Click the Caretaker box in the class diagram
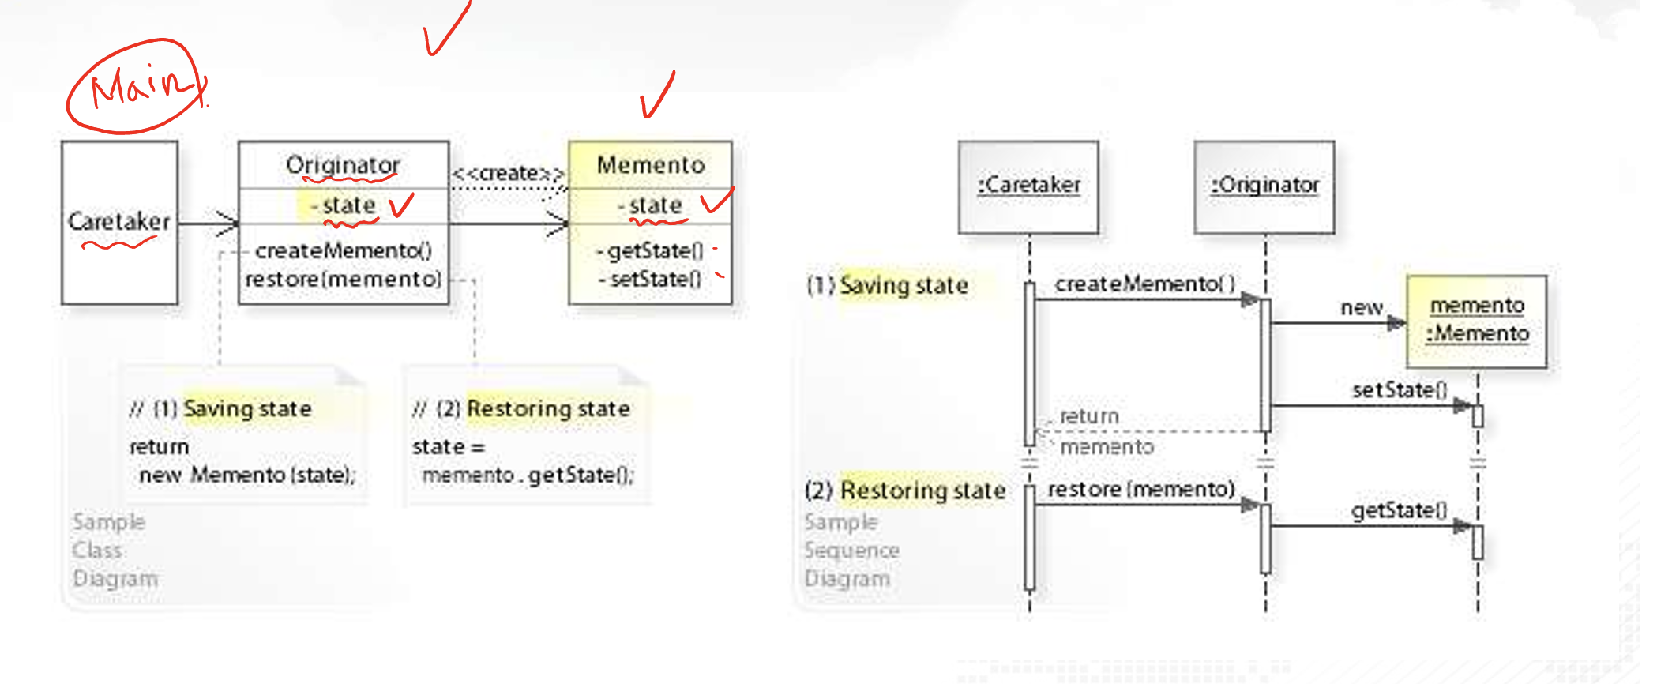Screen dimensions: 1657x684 120,223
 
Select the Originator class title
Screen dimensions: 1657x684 343,165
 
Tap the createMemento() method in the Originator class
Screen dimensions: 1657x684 344,250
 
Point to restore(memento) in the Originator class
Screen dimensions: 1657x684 344,279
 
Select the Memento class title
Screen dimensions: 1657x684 651,165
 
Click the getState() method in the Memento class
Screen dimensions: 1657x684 654,250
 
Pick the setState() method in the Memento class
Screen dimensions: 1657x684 655,279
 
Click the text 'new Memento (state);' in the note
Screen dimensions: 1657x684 247,475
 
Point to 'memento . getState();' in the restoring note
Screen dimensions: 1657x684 528,475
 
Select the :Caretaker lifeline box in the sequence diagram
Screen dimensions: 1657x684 1028,187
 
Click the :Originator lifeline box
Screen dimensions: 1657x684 1264,187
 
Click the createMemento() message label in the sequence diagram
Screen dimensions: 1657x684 1145,284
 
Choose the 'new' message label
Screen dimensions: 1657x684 1362,307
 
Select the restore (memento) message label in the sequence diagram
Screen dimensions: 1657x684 1141,490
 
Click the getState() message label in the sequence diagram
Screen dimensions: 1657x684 1399,510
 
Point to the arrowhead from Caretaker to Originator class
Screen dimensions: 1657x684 227,224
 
